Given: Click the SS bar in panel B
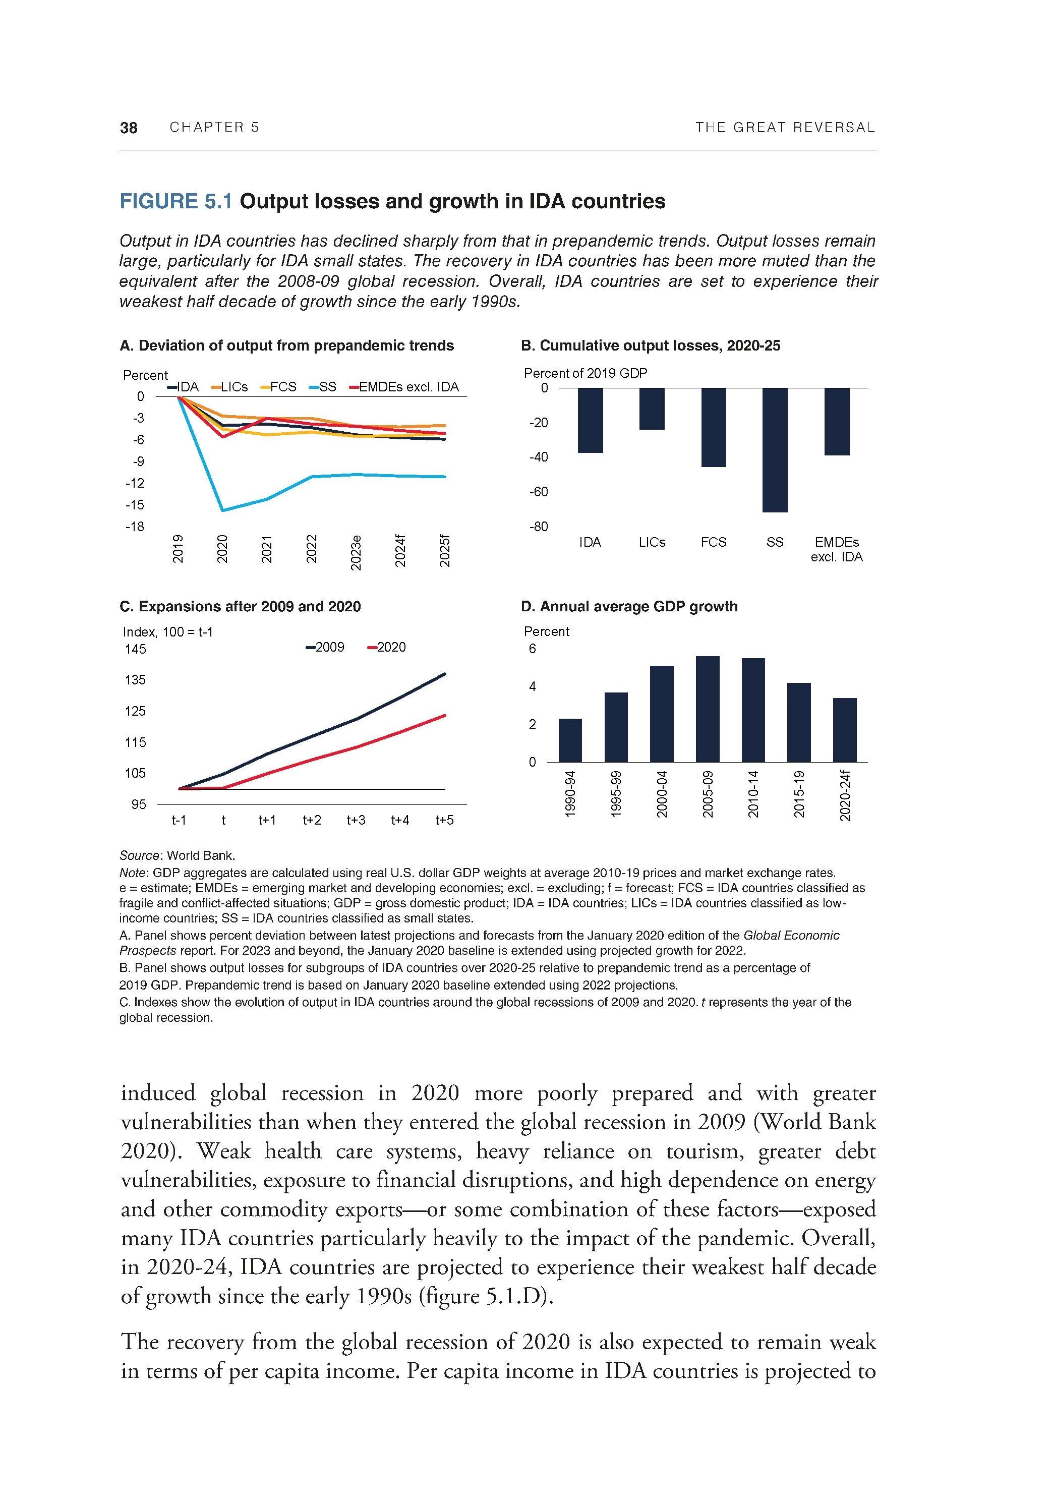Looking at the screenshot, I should click(x=775, y=449).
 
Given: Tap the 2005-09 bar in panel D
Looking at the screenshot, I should click(x=707, y=709).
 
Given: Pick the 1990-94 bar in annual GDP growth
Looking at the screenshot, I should click(x=570, y=740).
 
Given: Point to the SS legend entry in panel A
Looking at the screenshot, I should click(x=322, y=387).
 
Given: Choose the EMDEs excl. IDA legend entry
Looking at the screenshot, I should click(x=404, y=387).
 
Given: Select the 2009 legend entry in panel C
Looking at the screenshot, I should click(x=325, y=648).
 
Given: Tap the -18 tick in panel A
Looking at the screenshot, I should click(x=135, y=527).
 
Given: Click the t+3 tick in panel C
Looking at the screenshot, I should click(x=356, y=820).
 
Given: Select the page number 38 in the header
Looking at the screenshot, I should click(x=129, y=128).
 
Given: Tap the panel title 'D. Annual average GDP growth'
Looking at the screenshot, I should click(x=629, y=607).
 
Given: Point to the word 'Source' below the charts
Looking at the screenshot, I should click(x=140, y=855).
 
